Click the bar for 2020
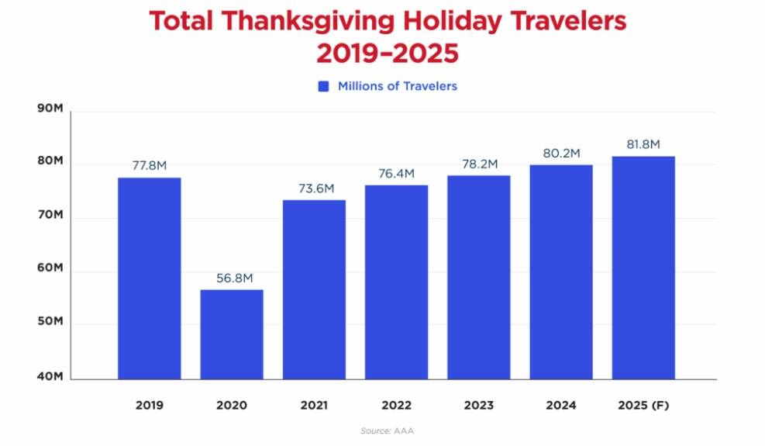click(x=232, y=334)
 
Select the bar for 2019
click(x=149, y=278)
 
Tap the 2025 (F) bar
click(x=643, y=268)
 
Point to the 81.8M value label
click(x=643, y=145)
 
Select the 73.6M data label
click(x=314, y=188)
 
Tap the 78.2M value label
click(x=478, y=164)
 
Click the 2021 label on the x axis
click(x=314, y=405)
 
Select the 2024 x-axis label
click(x=560, y=405)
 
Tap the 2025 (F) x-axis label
click(x=643, y=405)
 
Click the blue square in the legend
click(x=324, y=86)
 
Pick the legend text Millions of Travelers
click(x=397, y=86)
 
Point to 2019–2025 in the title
click(x=387, y=54)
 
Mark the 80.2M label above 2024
click(x=561, y=154)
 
